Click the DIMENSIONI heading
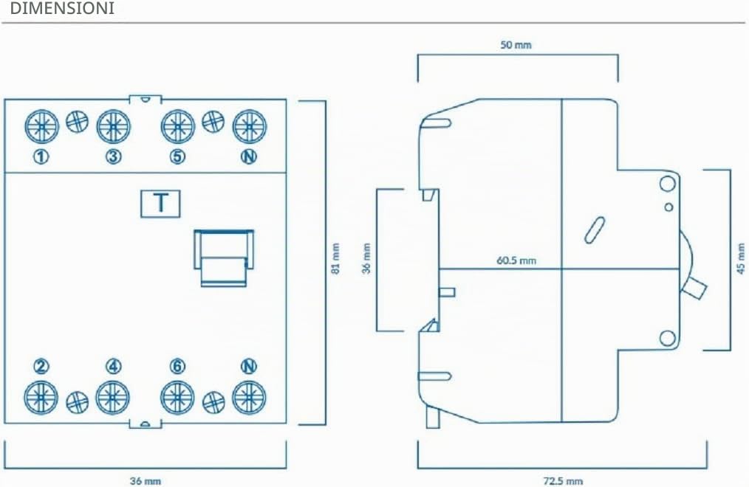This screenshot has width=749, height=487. [62, 9]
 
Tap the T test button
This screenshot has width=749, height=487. [160, 204]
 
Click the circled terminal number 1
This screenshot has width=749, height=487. [41, 156]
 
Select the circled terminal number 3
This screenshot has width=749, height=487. [113, 156]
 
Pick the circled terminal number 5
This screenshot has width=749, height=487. [178, 156]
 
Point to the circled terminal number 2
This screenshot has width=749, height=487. [41, 366]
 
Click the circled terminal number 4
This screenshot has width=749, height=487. [113, 366]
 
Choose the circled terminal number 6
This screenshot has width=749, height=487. [178, 366]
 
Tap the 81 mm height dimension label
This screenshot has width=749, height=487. [336, 258]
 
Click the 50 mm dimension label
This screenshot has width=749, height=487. [516, 45]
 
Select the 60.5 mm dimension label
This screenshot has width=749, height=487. [516, 260]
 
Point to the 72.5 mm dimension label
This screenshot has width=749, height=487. [563, 481]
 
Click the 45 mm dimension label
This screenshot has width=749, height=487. [741, 258]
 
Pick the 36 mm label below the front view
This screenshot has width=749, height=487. [146, 481]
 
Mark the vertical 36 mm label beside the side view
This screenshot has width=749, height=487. [366, 258]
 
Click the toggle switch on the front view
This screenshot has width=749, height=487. [224, 258]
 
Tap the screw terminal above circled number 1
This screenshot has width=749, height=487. [41, 126]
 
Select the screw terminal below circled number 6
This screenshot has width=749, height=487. [177, 398]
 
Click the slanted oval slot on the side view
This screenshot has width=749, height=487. [595, 230]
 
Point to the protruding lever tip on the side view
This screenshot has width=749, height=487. [695, 288]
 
